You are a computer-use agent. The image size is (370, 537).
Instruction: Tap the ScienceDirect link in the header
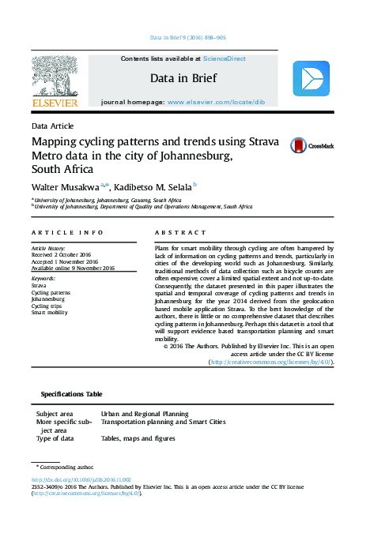pos(224,58)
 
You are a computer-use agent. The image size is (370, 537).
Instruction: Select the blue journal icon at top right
pos(310,79)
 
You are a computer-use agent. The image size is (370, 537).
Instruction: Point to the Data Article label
pos(52,126)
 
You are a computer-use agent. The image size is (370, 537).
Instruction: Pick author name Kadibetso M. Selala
pos(154,186)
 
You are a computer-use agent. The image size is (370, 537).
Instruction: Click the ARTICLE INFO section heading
pos(67,232)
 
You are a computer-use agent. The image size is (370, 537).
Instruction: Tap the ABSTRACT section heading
pos(175,232)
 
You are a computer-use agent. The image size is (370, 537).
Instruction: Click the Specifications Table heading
pos(71,394)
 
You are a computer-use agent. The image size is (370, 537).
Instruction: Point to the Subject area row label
pos(55,413)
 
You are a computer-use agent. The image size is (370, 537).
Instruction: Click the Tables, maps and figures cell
pos(138,438)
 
